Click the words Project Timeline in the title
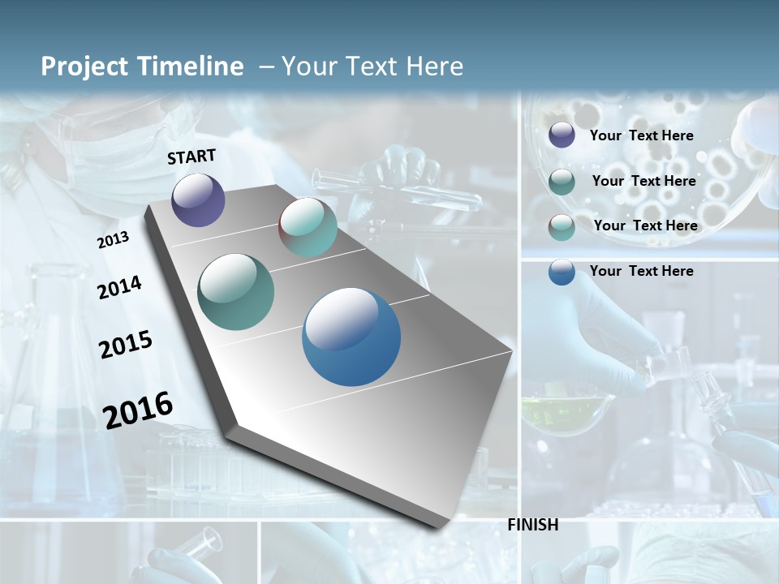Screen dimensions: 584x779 [x=142, y=67]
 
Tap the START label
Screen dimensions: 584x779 [x=192, y=157]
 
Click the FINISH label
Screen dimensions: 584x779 [x=532, y=525]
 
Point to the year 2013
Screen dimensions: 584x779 [x=113, y=240]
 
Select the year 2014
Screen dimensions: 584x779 [x=119, y=287]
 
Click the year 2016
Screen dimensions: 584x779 [x=138, y=410]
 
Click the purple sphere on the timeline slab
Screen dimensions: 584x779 [x=198, y=200]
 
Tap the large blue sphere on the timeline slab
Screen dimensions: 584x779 [x=351, y=337]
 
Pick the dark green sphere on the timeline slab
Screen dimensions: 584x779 [x=236, y=292]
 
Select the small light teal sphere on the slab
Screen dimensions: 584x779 [x=308, y=227]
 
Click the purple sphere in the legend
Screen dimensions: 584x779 [x=562, y=135]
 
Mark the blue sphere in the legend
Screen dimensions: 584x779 [x=562, y=271]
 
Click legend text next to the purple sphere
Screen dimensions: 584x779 [x=641, y=135]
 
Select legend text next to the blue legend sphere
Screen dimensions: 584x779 [x=641, y=271]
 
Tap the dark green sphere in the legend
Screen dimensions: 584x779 [x=562, y=181]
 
